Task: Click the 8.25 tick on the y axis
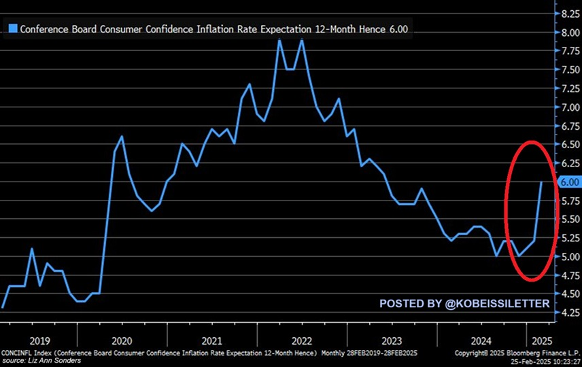568,13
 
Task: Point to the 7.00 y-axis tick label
568,107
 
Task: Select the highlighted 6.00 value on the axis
568,182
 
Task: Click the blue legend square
12,29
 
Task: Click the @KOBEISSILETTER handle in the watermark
498,303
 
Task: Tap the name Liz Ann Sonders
59,360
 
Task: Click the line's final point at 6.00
541,182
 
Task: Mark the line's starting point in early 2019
3,308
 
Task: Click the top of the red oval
532,142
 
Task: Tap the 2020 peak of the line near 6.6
122,137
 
